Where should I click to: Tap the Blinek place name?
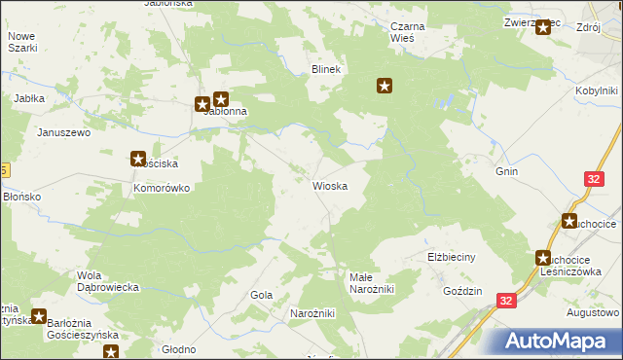pos(324,70)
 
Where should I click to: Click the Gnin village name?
pos(506,172)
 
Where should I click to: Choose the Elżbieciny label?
pos(450,257)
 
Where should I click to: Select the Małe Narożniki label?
pos(371,283)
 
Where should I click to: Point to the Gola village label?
pos(261,295)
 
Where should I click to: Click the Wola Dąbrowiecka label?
pos(110,281)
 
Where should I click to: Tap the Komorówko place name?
pos(161,188)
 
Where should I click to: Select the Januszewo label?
pos(63,131)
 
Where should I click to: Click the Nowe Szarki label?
pos(21,42)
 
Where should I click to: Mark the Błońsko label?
pos(21,196)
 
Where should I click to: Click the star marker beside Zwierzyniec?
pos(543,27)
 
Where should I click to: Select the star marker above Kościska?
pos(138,159)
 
